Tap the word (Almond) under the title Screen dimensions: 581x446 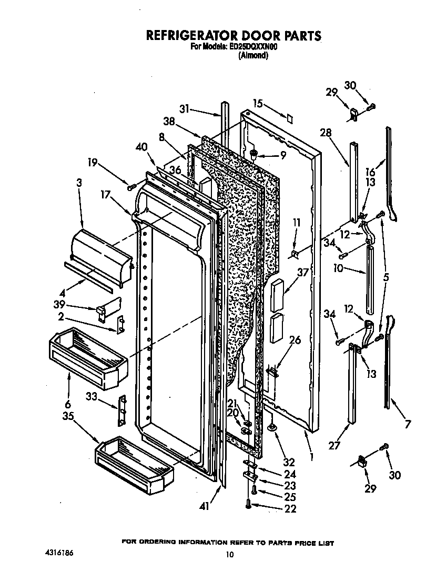[254, 56]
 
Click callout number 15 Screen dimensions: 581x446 [257, 104]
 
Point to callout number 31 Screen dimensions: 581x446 [184, 109]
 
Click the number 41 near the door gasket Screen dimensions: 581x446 [205, 506]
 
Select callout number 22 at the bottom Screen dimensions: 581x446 [289, 508]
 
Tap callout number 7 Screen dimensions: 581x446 [406, 424]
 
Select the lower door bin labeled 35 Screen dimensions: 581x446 [134, 460]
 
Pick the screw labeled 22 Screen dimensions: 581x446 [248, 505]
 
